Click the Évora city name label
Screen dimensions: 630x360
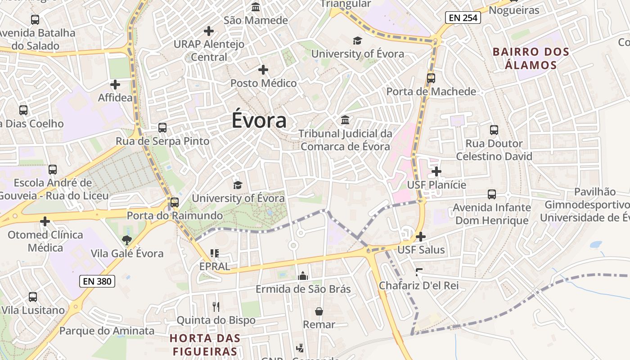[259, 121]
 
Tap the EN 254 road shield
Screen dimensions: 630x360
[463, 18]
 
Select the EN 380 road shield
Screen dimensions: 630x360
[97, 282]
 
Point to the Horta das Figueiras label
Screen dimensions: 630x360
[205, 345]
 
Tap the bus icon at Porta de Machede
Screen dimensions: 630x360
[431, 78]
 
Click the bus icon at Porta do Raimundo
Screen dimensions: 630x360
[175, 202]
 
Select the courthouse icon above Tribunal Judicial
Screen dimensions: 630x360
[345, 120]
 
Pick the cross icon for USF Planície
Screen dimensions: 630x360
[436, 171]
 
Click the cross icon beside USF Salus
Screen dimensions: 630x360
[421, 236]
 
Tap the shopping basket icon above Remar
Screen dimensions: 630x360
[319, 311]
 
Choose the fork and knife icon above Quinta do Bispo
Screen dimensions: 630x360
[216, 307]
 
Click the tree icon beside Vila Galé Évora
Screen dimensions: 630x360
[127, 240]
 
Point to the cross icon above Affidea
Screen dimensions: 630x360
[115, 84]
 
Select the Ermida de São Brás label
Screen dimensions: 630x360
[303, 289]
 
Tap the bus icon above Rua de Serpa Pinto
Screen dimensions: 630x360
[162, 128]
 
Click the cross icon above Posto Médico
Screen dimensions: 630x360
[263, 70]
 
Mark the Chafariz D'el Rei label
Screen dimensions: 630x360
[418, 285]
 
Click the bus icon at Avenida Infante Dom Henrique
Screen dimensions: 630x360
[492, 194]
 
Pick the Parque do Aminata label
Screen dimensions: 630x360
[107, 331]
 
